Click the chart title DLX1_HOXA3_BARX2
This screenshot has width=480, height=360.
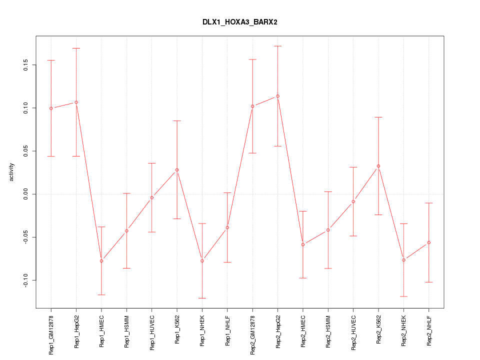point(239,22)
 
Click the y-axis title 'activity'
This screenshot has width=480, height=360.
point(12,172)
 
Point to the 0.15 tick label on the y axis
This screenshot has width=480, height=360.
point(26,65)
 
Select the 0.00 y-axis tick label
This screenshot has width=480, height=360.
point(26,194)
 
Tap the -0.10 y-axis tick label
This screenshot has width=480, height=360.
point(26,280)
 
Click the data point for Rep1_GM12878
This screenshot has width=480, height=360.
point(51,108)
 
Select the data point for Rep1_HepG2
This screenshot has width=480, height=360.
point(76,102)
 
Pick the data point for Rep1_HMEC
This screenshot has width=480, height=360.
point(101,261)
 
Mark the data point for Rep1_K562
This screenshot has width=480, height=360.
point(177,170)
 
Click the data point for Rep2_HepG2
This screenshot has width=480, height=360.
point(277,96)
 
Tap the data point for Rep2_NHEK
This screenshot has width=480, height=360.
point(403,260)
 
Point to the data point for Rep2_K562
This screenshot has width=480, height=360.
point(378,166)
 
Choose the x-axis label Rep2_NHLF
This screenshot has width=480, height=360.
point(428,330)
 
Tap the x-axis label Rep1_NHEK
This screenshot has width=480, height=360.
point(202,330)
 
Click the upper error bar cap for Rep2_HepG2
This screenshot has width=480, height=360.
point(277,46)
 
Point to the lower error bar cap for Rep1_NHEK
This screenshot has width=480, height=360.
point(202,298)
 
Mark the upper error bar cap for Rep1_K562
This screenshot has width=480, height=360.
point(177,120)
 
